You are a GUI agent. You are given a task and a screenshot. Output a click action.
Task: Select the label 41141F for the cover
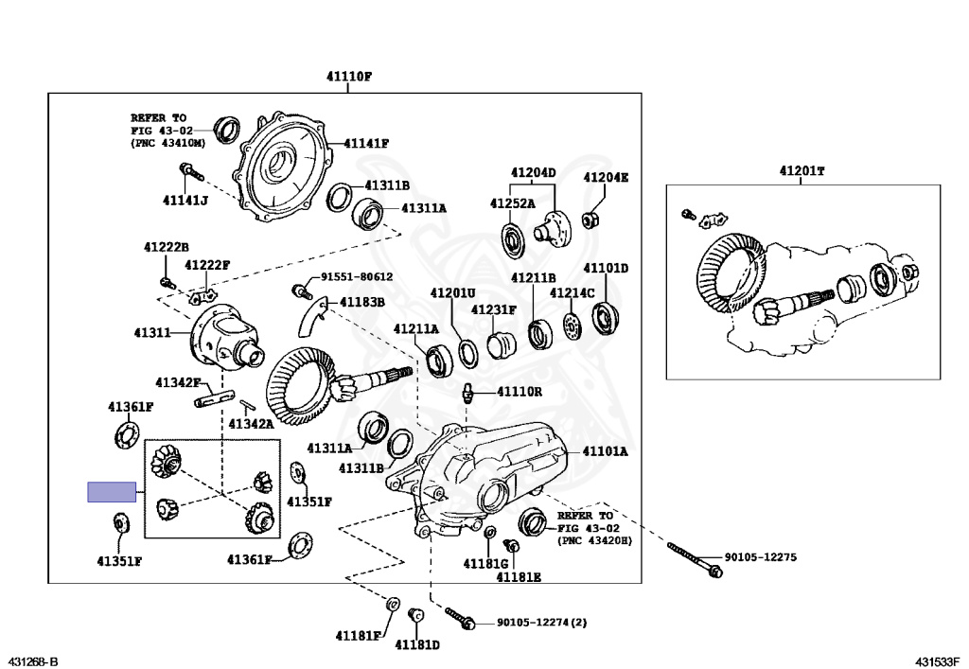click(366, 144)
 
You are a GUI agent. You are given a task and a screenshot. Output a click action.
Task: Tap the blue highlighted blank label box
click(111, 492)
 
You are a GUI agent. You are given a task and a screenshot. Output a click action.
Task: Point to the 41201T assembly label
click(802, 171)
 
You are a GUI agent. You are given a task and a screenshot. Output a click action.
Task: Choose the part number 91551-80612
click(356, 277)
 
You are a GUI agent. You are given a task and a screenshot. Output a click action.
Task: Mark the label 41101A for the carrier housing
click(605, 452)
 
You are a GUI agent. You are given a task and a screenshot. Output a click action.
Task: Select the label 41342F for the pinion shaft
click(177, 383)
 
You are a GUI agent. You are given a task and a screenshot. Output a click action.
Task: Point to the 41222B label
click(167, 247)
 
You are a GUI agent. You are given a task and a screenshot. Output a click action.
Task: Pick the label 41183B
click(363, 302)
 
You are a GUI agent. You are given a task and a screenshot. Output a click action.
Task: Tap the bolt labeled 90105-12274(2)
click(462, 619)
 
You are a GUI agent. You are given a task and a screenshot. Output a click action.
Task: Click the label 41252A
click(512, 203)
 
